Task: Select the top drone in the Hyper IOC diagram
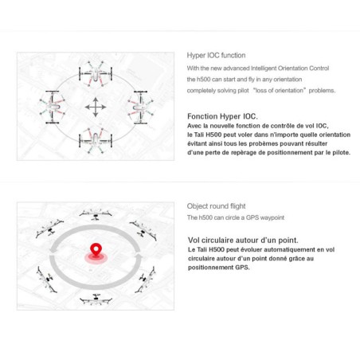pos(95,74)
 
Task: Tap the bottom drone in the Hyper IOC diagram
pos(95,140)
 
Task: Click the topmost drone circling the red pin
pos(95,213)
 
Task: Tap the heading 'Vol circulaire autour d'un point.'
pos(243,239)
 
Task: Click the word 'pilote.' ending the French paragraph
pos(331,149)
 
